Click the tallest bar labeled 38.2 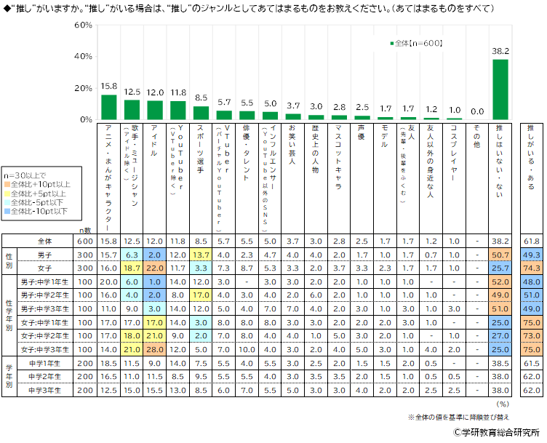(500, 89)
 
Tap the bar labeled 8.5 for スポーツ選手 (201, 113)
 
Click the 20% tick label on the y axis (84, 88)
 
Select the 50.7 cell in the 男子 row (500, 255)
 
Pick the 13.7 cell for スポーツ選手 (201, 255)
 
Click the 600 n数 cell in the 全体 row (85, 241)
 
